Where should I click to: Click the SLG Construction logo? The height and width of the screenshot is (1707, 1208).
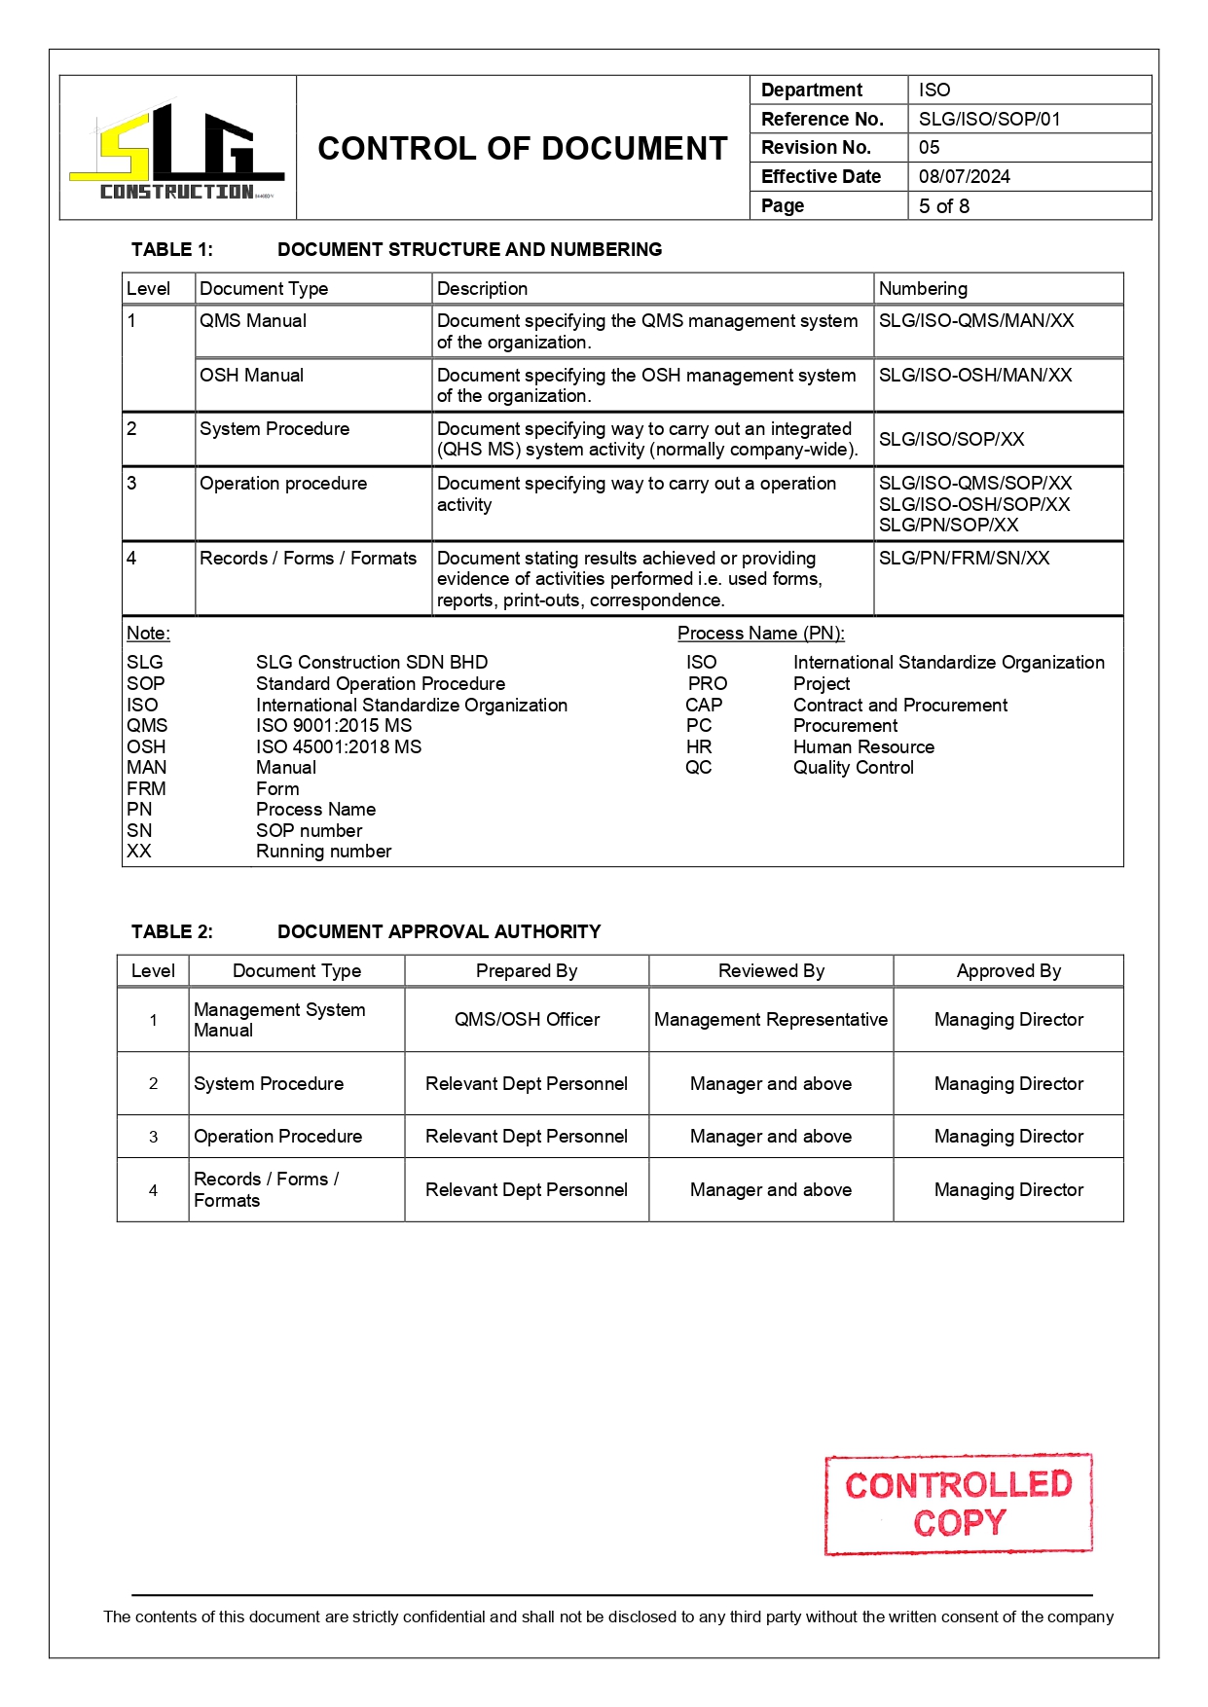coord(177,151)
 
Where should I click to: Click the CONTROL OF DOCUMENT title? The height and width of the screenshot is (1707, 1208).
coord(522,149)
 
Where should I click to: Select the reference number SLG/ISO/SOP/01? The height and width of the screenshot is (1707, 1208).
coord(989,119)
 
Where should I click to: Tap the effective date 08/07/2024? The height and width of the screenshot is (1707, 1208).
coord(964,176)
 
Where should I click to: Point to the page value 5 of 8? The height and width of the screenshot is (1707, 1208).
coord(943,206)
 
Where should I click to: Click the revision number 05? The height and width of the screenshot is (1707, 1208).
coord(929,148)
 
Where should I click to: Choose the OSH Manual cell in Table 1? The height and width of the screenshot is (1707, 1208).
coord(251,376)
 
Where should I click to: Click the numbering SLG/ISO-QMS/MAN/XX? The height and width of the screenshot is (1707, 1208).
coord(975,321)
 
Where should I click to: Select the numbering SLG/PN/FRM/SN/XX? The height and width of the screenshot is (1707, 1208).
coord(964,559)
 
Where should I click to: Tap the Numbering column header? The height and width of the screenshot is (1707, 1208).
coord(923,289)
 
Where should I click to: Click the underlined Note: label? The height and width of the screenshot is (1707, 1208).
coord(148,634)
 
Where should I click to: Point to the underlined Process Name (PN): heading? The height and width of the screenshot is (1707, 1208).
coord(760,634)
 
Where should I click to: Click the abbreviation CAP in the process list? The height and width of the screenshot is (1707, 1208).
coord(703,705)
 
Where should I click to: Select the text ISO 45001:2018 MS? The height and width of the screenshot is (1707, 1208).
coord(338,746)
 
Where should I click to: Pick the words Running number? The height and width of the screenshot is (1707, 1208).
coord(323,852)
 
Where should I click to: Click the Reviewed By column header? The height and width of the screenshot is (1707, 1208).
coord(771,971)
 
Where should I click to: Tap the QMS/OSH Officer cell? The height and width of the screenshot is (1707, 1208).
coord(527,1020)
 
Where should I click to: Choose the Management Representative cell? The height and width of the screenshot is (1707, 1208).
coord(770,1020)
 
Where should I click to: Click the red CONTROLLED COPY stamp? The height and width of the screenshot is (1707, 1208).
coord(958,1504)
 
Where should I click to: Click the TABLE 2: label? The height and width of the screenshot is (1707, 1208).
coord(172,932)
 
